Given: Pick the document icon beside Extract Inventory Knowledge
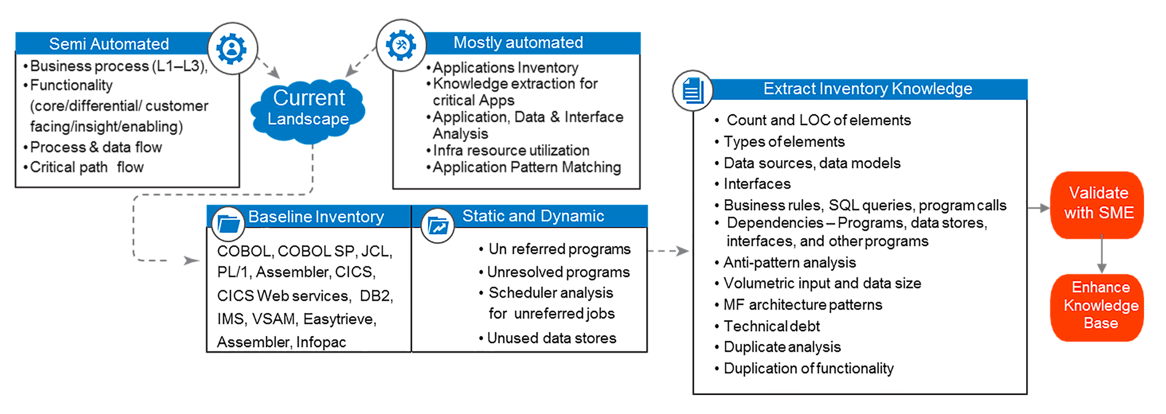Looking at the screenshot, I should [693, 90].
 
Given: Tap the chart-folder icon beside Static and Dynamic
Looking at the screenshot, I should [438, 225].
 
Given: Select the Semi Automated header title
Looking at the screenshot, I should [109, 44].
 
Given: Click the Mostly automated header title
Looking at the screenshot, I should [518, 43].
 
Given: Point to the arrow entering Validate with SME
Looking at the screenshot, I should [1039, 208].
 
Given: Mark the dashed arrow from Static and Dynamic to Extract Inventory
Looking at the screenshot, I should [668, 251].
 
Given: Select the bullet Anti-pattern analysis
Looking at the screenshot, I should [789, 262].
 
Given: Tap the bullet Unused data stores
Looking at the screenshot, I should [551, 338].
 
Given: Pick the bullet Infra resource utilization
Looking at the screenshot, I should [511, 150].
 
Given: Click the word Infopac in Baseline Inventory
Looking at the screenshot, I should [321, 342].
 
